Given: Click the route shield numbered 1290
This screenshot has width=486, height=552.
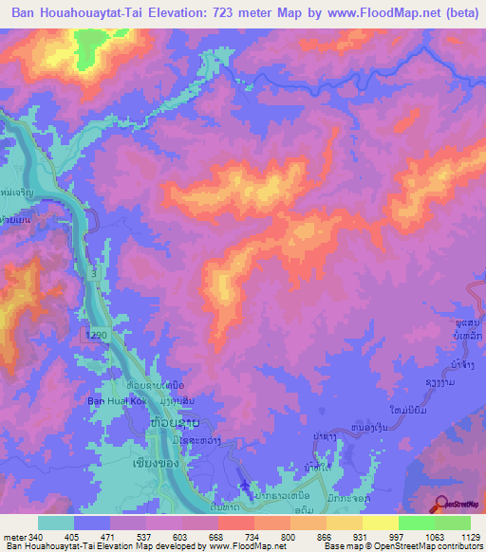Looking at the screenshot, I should point(92,337).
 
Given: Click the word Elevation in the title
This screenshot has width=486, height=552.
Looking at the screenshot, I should point(196,13).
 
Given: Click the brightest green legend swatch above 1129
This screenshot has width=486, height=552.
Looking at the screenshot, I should point(453,523).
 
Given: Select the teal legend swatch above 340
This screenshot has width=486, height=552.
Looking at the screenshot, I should point(56,523).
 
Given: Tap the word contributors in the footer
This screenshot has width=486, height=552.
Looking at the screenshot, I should point(459,546).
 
